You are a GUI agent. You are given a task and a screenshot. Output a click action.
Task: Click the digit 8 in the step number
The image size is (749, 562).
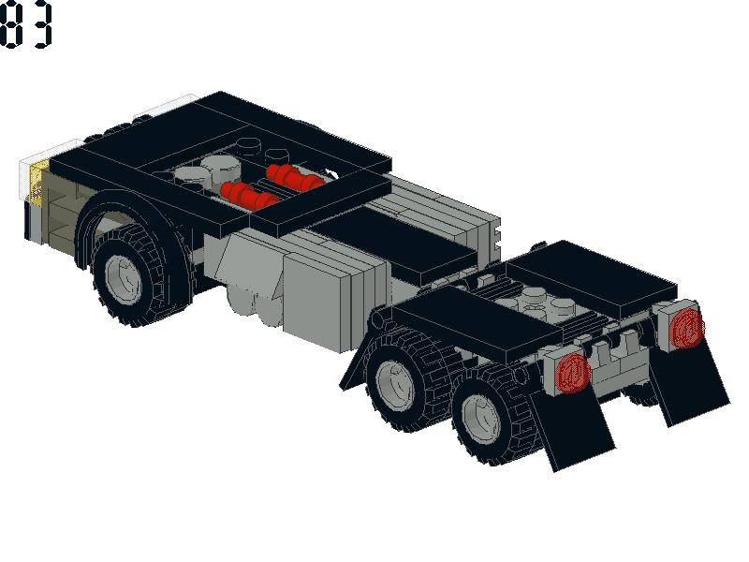click(x=10, y=24)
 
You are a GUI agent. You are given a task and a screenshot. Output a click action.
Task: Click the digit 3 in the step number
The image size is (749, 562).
click(x=40, y=24)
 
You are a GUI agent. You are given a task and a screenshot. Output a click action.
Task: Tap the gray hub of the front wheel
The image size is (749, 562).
click(x=124, y=279)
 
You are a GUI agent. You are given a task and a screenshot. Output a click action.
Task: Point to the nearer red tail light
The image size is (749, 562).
click(x=573, y=374)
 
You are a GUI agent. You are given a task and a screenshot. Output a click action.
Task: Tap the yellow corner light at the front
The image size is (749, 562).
click(x=38, y=183)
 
